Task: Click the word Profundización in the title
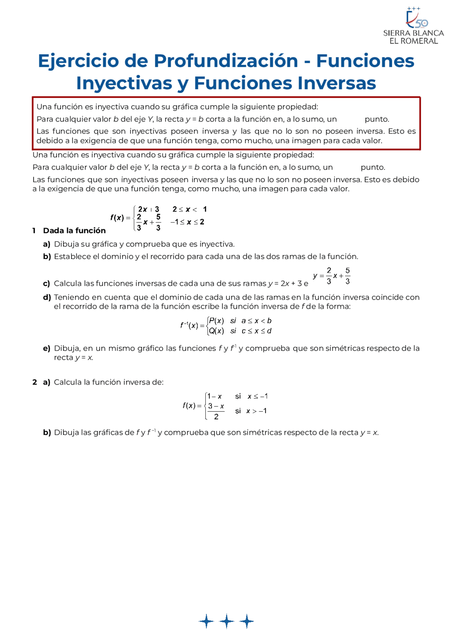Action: click(226, 61)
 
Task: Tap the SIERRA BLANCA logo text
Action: click(413, 33)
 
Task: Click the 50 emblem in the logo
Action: click(421, 23)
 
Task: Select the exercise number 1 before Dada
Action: click(34, 231)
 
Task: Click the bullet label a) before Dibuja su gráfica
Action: click(47, 244)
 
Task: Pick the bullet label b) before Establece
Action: click(47, 257)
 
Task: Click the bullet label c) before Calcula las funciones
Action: click(46, 284)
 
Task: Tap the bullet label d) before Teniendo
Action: click(47, 298)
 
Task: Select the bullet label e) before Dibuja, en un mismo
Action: click(46, 348)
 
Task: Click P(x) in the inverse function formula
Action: click(216, 321)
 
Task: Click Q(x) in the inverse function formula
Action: click(216, 331)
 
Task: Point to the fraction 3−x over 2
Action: click(216, 411)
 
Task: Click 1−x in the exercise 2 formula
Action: click(214, 397)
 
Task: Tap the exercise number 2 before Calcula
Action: click(34, 382)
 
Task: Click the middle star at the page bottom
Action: click(226, 621)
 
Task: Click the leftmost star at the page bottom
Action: click(206, 621)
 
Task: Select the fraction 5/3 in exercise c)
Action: click(348, 276)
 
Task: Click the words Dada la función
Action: click(74, 231)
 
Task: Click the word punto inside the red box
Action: click(377, 119)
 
